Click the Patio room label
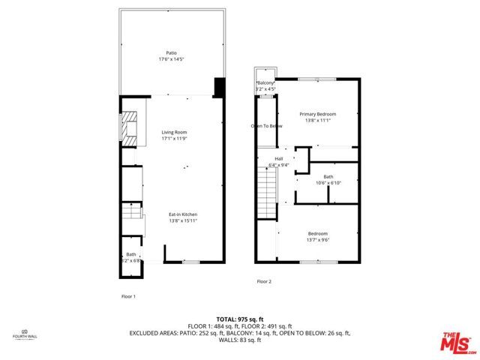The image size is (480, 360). (171, 52)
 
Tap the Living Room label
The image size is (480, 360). (172, 132)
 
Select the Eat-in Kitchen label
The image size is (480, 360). (182, 215)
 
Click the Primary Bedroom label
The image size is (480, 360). (317, 114)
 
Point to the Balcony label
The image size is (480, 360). (265, 82)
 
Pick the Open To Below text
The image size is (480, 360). (266, 126)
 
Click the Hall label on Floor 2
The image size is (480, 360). (279, 159)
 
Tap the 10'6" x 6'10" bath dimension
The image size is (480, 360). (329, 183)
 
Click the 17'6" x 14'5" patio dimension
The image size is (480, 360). (171, 58)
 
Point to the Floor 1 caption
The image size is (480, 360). (129, 296)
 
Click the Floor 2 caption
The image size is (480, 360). (264, 281)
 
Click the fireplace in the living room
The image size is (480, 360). (132, 127)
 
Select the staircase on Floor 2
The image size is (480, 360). (265, 193)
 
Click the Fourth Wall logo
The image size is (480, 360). (24, 334)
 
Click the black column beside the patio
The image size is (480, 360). (219, 87)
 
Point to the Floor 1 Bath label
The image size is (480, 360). (131, 255)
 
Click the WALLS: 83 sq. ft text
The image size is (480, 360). (239, 341)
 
